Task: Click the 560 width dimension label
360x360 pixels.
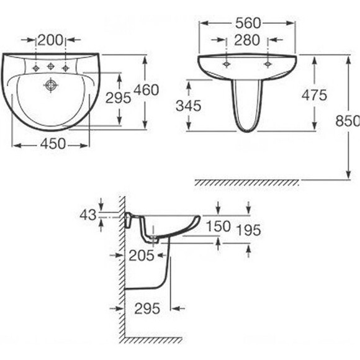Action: (248, 23)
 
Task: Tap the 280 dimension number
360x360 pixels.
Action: (247, 40)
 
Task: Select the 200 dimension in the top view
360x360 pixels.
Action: (50, 40)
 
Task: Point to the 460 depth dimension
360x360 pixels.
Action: (146, 90)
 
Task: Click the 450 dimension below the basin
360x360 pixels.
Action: (53, 144)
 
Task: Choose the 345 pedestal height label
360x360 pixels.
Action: (189, 106)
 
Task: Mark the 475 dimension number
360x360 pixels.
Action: (314, 95)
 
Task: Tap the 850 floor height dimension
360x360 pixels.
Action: (348, 121)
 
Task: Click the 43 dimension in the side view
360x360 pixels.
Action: (88, 215)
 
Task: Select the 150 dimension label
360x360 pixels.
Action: (218, 226)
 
